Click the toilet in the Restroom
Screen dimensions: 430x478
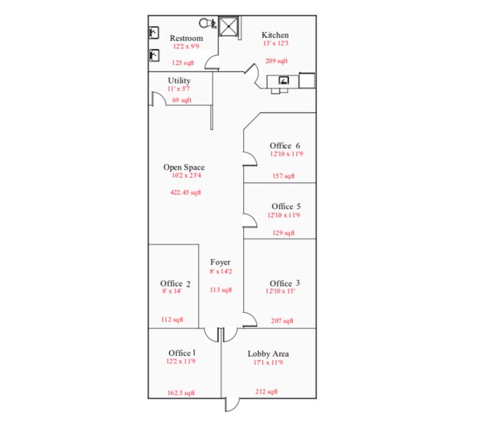[206, 23]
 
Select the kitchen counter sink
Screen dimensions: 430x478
[284, 80]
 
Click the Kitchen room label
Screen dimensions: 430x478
[275, 35]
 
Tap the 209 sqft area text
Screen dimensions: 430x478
[277, 61]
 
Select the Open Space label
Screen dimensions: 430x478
[184, 167]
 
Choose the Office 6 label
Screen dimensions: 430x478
[285, 146]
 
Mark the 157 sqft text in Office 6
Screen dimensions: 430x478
[283, 176]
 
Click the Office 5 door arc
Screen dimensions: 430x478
[250, 218]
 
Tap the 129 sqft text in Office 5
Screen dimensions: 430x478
[283, 233]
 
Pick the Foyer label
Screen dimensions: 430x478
[220, 262]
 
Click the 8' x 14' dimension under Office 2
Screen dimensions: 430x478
[175, 292]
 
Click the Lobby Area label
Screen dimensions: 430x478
[268, 354]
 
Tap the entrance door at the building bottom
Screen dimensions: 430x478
[231, 404]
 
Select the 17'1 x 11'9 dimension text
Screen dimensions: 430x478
[268, 363]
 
